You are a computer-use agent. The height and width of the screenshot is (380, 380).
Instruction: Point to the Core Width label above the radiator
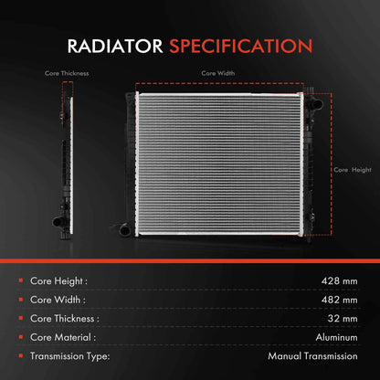[x=217, y=73]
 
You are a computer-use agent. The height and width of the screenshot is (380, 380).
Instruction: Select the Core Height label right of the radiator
[x=354, y=170]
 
